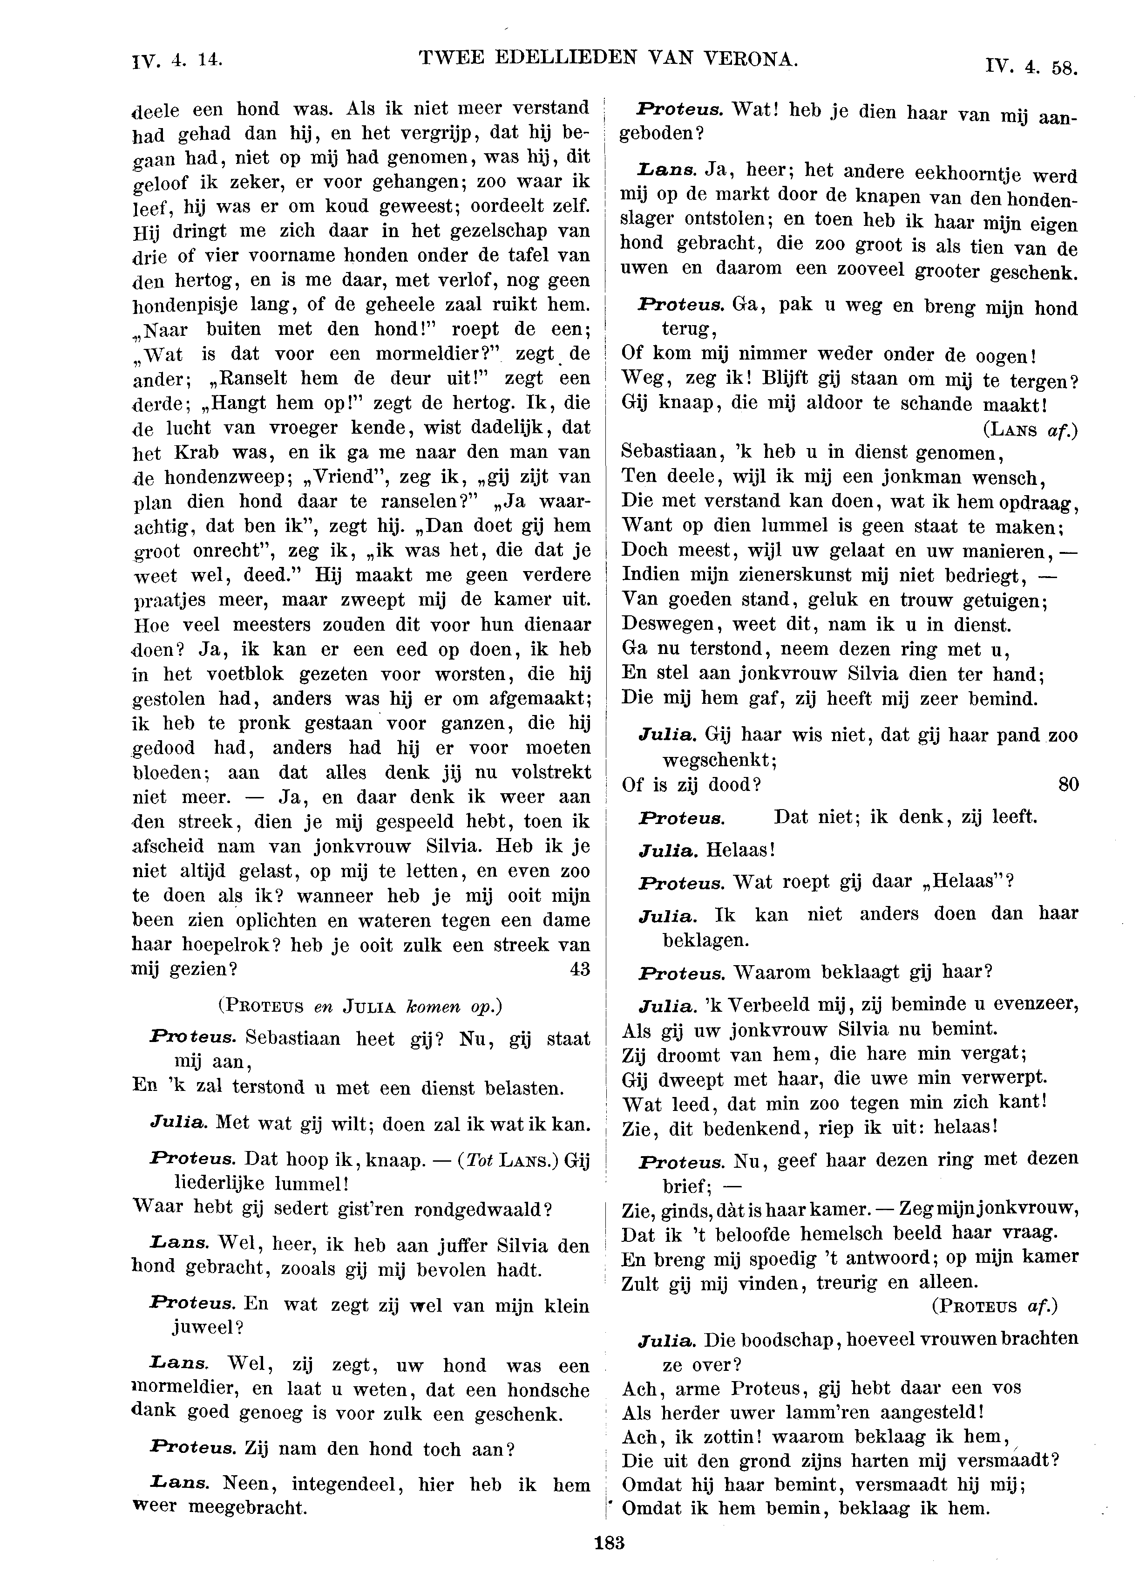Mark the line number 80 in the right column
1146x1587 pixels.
tap(1068, 785)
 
